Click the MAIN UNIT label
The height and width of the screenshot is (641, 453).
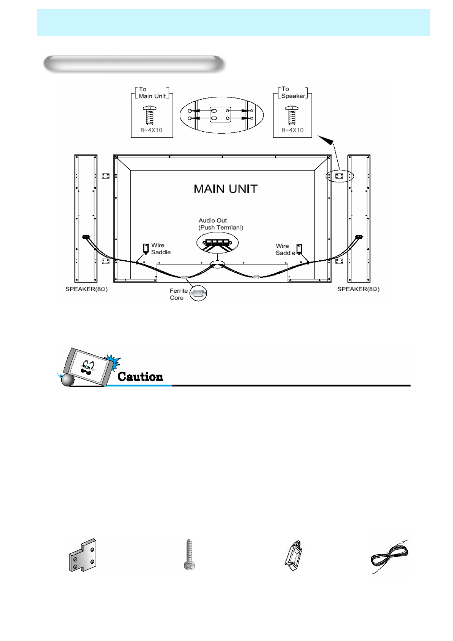click(x=225, y=189)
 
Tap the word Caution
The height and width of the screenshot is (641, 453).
click(x=140, y=376)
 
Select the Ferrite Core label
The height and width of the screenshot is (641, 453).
click(x=179, y=294)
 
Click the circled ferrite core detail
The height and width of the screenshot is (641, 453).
click(x=198, y=293)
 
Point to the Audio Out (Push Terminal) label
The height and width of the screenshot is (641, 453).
click(x=221, y=224)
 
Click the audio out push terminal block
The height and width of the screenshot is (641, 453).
click(x=217, y=243)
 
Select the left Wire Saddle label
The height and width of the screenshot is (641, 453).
click(x=161, y=249)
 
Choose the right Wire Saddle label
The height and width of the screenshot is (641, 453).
click(x=285, y=249)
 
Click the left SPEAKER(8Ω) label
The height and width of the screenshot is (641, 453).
click(x=86, y=289)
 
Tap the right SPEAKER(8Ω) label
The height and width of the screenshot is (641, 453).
click(x=358, y=289)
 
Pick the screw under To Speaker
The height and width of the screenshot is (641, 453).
click(x=292, y=115)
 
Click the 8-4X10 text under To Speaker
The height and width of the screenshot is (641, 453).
click(x=292, y=130)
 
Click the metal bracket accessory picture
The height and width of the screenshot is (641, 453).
click(x=83, y=555)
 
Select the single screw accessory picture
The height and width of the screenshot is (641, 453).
click(x=189, y=555)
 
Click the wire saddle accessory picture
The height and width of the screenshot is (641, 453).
click(x=293, y=555)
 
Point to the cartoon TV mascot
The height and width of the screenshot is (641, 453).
click(x=89, y=367)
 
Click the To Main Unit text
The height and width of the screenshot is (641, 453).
click(x=152, y=92)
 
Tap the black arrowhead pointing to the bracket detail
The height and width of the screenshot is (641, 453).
click(x=326, y=140)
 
